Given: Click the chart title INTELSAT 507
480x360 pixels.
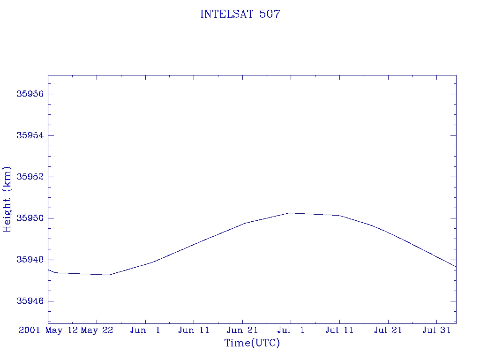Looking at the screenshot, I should click(x=240, y=15).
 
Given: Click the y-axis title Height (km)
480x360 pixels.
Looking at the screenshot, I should click(x=7, y=199).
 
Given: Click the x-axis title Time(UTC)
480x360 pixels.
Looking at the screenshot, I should click(x=252, y=343).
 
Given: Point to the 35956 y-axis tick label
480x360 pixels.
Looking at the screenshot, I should click(x=30, y=94).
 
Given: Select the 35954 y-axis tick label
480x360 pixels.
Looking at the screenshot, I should click(x=30, y=135).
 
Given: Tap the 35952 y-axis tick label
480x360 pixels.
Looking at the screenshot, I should click(x=30, y=177).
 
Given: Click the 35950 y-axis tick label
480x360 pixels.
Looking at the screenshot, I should click(x=30, y=218).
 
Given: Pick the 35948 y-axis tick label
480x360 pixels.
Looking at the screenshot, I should click(x=30, y=260).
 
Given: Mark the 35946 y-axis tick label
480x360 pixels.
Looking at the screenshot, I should click(x=30, y=301).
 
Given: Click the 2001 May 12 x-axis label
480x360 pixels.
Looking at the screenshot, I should click(x=48, y=330).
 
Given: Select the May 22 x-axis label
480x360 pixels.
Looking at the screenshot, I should click(x=97, y=330).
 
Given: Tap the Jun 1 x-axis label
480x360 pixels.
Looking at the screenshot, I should click(x=145, y=330).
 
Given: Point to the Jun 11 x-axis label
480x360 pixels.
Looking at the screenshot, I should click(x=194, y=330).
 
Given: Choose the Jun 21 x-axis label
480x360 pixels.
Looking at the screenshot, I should click(x=242, y=330).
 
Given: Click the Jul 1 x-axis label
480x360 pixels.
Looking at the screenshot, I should click(x=291, y=330).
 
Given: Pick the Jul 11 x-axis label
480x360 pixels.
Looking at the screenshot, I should click(x=339, y=330).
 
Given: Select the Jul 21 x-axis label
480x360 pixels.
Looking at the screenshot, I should click(x=388, y=330).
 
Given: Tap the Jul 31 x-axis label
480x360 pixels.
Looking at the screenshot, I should click(x=436, y=330).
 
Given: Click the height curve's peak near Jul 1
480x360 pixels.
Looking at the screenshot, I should click(x=291, y=213).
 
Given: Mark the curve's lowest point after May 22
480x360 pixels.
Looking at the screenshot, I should click(x=109, y=275).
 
